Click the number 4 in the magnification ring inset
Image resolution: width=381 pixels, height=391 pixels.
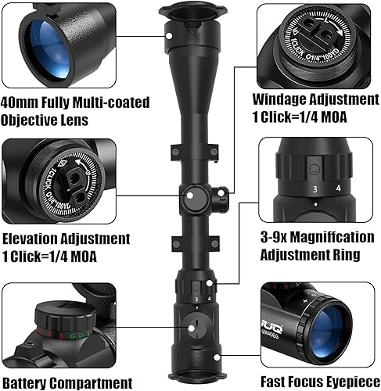337,188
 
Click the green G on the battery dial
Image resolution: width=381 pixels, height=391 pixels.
72,335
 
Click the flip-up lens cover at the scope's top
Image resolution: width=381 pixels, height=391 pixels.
190,12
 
